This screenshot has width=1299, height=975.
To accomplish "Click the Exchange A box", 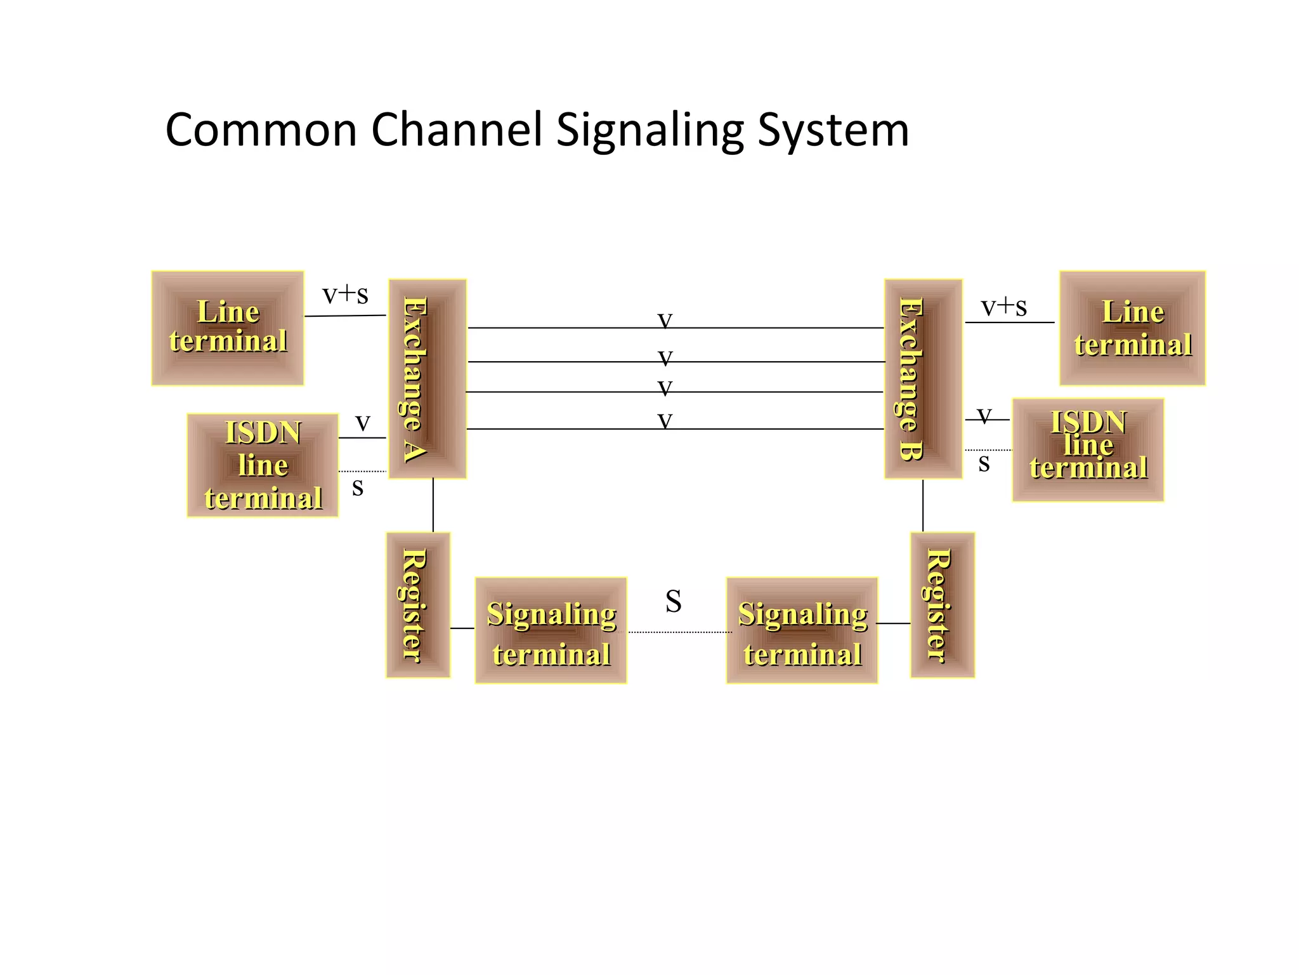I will tap(428, 378).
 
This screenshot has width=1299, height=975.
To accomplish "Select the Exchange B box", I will tap(924, 378).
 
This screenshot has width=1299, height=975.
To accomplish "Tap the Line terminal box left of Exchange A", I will tap(228, 328).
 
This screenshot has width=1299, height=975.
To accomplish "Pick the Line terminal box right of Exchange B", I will tap(1132, 328).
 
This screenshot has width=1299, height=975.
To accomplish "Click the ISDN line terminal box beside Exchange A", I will tap(263, 465).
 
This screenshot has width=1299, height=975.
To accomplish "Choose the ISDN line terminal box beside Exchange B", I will tap(1088, 450).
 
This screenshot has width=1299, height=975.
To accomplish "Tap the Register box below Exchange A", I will tap(418, 605).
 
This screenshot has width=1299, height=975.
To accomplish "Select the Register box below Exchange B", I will tap(942, 605).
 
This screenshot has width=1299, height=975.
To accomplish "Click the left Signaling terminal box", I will tap(551, 630).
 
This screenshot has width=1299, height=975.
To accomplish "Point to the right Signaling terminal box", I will tap(802, 630).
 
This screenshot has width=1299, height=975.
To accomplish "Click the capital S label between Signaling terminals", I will tap(674, 601).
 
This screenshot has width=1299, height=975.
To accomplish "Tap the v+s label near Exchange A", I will tap(345, 294).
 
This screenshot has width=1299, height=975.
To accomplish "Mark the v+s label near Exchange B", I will tap(1003, 307).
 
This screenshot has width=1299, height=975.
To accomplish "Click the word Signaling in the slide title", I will tap(649, 131).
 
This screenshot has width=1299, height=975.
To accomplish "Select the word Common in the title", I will tap(261, 130).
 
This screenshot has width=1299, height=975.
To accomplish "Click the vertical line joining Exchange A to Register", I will tap(433, 505).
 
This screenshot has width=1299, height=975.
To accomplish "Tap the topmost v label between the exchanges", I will tap(665, 320).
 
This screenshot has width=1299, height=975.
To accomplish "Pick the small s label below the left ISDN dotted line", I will tap(358, 488).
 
